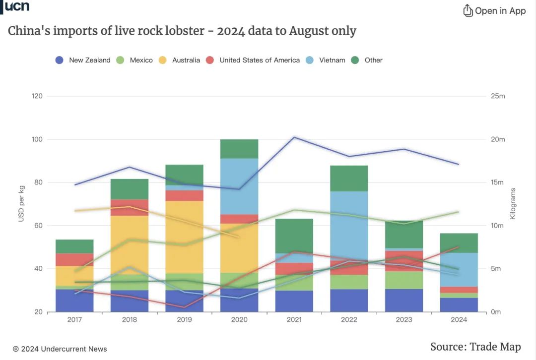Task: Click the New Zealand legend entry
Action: (83, 60)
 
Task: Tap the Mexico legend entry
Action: (135, 60)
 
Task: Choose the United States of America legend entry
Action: (253, 60)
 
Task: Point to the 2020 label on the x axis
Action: (239, 320)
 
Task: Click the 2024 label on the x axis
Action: (459, 320)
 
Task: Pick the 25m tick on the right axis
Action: (498, 96)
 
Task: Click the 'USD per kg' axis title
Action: (21, 204)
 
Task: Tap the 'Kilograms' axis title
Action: (513, 204)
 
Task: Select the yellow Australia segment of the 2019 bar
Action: (184, 237)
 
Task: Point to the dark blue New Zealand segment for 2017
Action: (74, 300)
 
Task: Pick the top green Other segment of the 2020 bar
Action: (239, 149)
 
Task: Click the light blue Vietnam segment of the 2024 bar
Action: (459, 270)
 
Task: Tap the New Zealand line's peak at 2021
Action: (294, 137)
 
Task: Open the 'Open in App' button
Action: (494, 10)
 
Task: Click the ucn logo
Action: (17, 6)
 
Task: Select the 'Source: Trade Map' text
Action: (475, 347)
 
